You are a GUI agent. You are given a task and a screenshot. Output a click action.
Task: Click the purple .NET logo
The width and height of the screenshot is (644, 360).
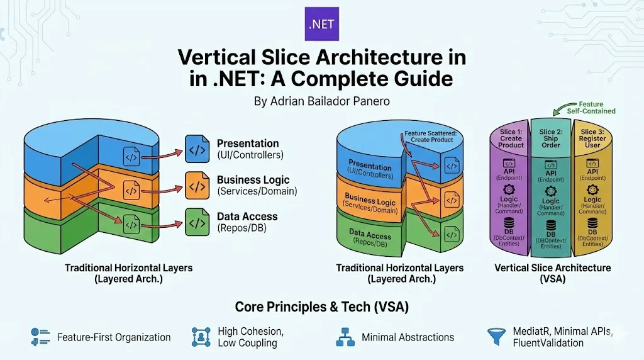click(321, 24)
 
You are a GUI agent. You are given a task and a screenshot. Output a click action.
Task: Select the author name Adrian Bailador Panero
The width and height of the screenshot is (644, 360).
click(321, 101)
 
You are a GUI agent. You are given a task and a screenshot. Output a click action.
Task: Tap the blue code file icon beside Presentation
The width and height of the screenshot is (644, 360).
click(197, 149)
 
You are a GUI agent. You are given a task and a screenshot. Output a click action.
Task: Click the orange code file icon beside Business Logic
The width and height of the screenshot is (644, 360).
click(197, 187)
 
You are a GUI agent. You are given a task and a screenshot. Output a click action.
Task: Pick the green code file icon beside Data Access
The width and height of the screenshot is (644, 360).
click(197, 222)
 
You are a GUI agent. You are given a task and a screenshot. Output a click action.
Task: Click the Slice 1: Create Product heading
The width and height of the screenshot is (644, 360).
click(511, 138)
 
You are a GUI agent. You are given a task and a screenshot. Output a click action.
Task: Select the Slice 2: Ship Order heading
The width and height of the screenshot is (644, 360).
click(551, 138)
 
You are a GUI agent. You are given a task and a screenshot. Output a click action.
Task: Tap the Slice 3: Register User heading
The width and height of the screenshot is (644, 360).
click(592, 138)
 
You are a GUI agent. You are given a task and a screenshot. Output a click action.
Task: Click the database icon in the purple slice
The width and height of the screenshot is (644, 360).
click(509, 223)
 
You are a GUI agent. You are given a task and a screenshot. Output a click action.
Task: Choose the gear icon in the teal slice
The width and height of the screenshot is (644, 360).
click(551, 191)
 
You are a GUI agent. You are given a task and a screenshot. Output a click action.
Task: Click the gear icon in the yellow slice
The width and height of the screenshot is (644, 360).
click(592, 189)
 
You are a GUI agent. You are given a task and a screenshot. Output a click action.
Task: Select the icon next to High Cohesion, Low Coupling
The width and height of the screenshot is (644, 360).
click(201, 337)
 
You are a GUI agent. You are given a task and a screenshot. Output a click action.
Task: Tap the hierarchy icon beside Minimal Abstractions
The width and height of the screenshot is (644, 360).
click(345, 337)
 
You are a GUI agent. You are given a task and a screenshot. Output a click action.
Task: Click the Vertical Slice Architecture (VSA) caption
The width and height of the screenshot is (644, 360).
click(552, 273)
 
